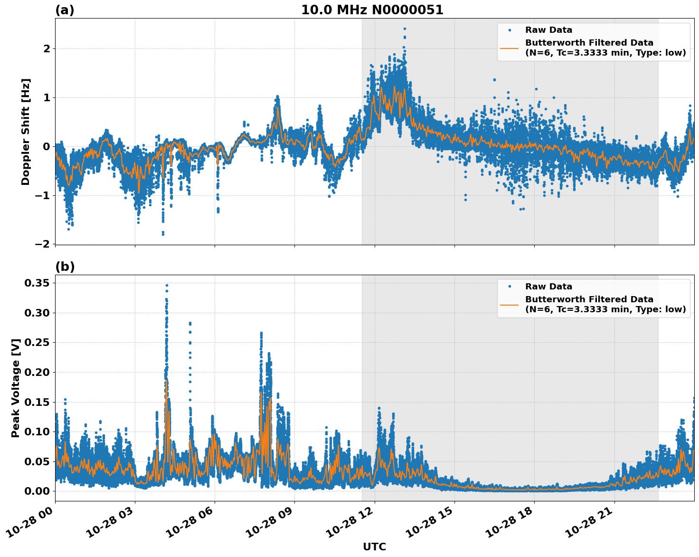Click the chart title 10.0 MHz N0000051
[372, 10]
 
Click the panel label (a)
[65, 10]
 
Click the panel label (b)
[65, 267]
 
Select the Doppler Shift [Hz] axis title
[26, 132]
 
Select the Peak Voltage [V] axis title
[16, 388]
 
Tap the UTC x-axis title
[374, 547]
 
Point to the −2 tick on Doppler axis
[43, 244]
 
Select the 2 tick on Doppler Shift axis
[47, 49]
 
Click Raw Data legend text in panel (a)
[548, 30]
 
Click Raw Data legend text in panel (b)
[548, 287]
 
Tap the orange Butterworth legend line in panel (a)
[509, 48]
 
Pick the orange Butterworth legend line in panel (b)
[509, 305]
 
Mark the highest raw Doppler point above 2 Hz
[405, 29]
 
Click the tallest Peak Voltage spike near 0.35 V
[167, 286]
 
